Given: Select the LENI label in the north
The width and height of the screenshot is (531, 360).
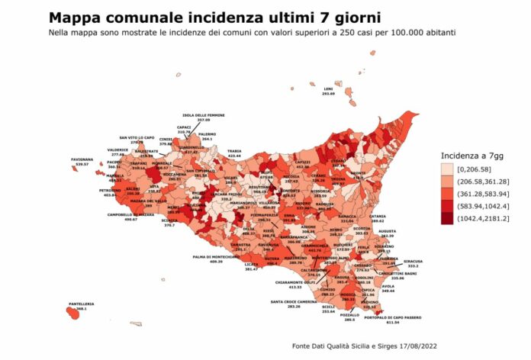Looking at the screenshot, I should (328, 89).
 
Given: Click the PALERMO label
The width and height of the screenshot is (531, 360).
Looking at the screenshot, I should (208, 135).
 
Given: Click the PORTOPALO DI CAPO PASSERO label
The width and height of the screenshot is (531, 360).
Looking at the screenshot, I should (392, 317).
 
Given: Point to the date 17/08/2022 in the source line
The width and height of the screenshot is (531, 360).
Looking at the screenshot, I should (426, 347).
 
